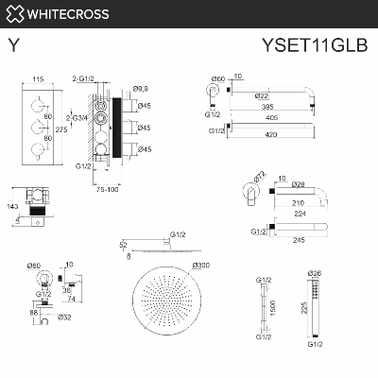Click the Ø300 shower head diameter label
[x=200, y=266]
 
